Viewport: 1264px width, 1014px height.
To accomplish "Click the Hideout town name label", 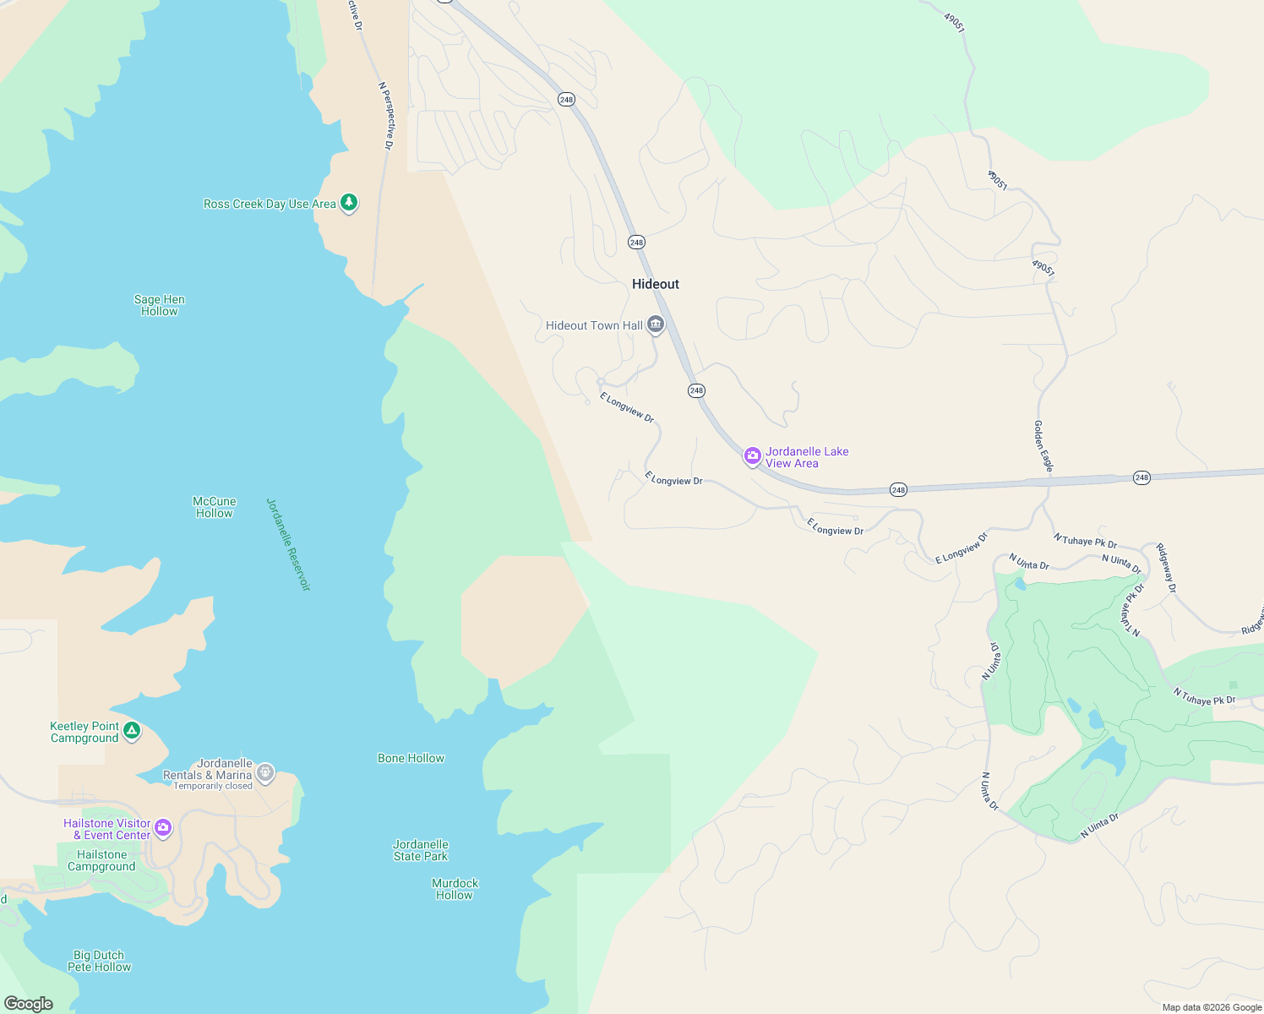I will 656,284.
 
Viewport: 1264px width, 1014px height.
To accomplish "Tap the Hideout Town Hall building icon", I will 656,324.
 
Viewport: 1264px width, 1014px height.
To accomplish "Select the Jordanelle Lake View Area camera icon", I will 752,456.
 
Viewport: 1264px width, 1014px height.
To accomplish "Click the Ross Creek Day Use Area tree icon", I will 349,203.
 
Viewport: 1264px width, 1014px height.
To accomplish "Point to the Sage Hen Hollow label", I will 160,305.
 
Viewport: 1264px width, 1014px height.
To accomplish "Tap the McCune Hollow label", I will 215,507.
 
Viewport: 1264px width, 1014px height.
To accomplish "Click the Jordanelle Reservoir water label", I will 289,544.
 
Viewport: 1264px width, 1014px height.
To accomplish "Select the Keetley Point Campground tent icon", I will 132,730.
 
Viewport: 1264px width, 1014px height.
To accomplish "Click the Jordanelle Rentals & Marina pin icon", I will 265,772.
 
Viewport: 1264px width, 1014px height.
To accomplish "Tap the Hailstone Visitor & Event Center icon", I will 163,828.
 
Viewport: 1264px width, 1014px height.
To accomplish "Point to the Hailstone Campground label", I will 101,860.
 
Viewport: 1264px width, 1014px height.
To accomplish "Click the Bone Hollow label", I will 411,758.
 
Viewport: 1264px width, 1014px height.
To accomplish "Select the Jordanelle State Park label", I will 421,850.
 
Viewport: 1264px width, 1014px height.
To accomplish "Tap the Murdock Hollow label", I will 455,889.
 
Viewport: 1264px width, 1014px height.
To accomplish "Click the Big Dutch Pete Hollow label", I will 100,961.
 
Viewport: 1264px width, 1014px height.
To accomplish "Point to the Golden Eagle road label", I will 1044,446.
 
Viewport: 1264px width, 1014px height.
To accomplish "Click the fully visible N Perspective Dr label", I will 386,117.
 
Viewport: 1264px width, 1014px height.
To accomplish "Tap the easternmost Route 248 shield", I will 1141,477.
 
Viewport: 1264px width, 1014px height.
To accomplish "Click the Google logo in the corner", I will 29,1003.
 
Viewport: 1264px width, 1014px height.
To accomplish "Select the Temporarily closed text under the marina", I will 213,786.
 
